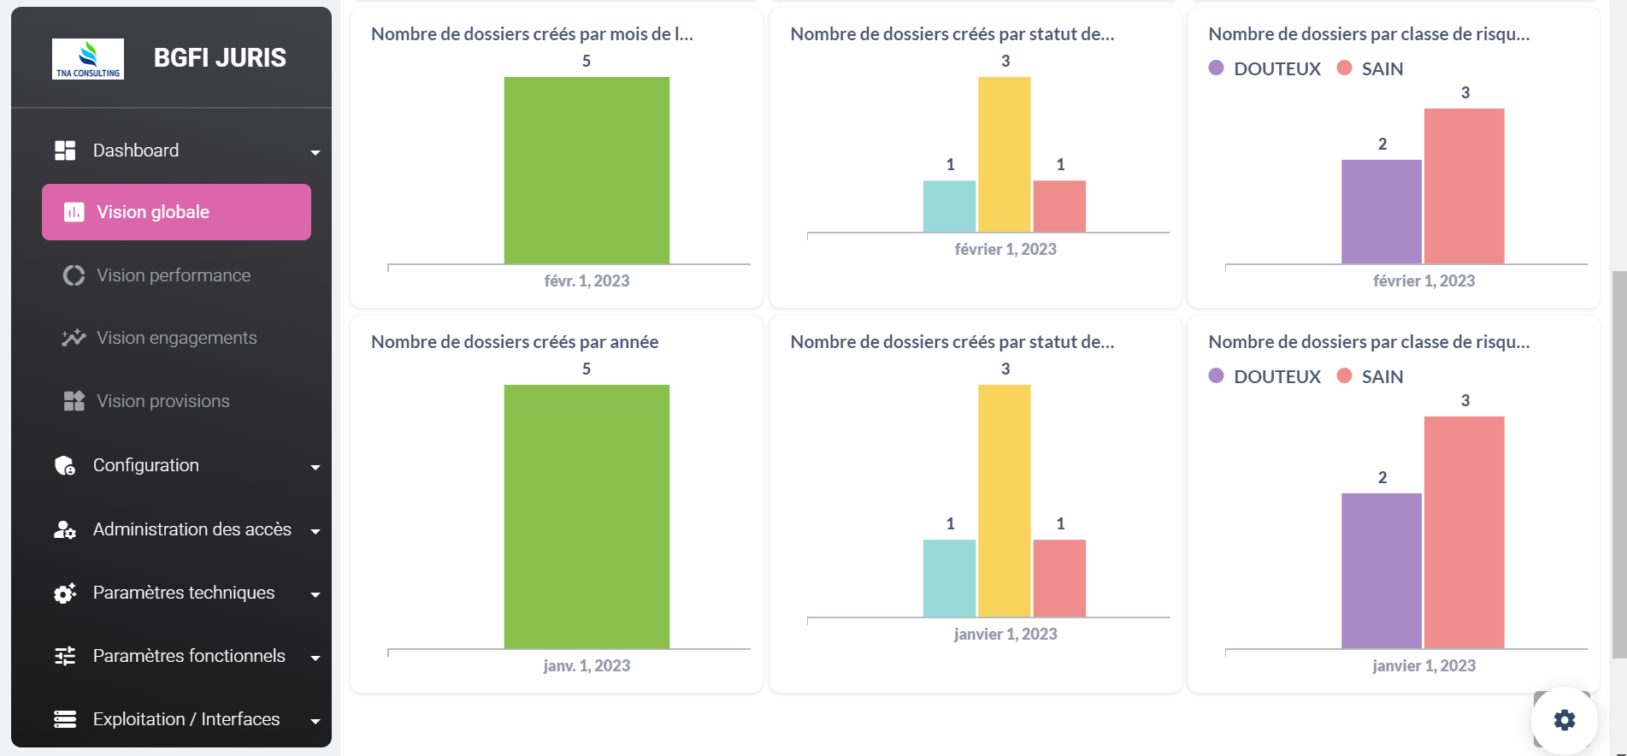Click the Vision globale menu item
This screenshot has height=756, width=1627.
(x=176, y=212)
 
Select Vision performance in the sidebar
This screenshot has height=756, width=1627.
(x=174, y=275)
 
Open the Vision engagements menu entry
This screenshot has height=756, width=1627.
(x=176, y=338)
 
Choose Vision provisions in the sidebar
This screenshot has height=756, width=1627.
(x=162, y=401)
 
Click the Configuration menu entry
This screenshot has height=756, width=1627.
(x=146, y=465)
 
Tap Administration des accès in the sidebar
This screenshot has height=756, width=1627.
(x=192, y=529)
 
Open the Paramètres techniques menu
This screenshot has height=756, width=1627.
(x=184, y=593)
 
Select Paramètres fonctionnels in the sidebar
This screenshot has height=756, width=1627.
(x=189, y=656)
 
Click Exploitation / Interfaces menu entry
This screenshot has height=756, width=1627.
(x=186, y=719)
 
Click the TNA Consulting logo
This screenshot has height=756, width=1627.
(x=88, y=59)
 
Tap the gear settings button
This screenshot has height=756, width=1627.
(x=1564, y=720)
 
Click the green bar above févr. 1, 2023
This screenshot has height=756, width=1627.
(x=587, y=170)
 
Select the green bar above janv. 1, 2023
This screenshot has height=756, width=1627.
(x=587, y=517)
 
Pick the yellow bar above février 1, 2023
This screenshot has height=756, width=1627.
(x=1005, y=154)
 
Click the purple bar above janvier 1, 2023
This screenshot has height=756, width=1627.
(x=1382, y=570)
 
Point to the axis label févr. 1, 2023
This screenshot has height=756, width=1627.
(x=587, y=281)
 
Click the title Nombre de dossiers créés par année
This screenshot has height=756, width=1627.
(x=515, y=342)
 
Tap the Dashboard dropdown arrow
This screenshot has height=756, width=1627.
(x=315, y=152)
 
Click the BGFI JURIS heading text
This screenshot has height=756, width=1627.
(x=220, y=57)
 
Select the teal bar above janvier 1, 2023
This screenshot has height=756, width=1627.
(x=949, y=578)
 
